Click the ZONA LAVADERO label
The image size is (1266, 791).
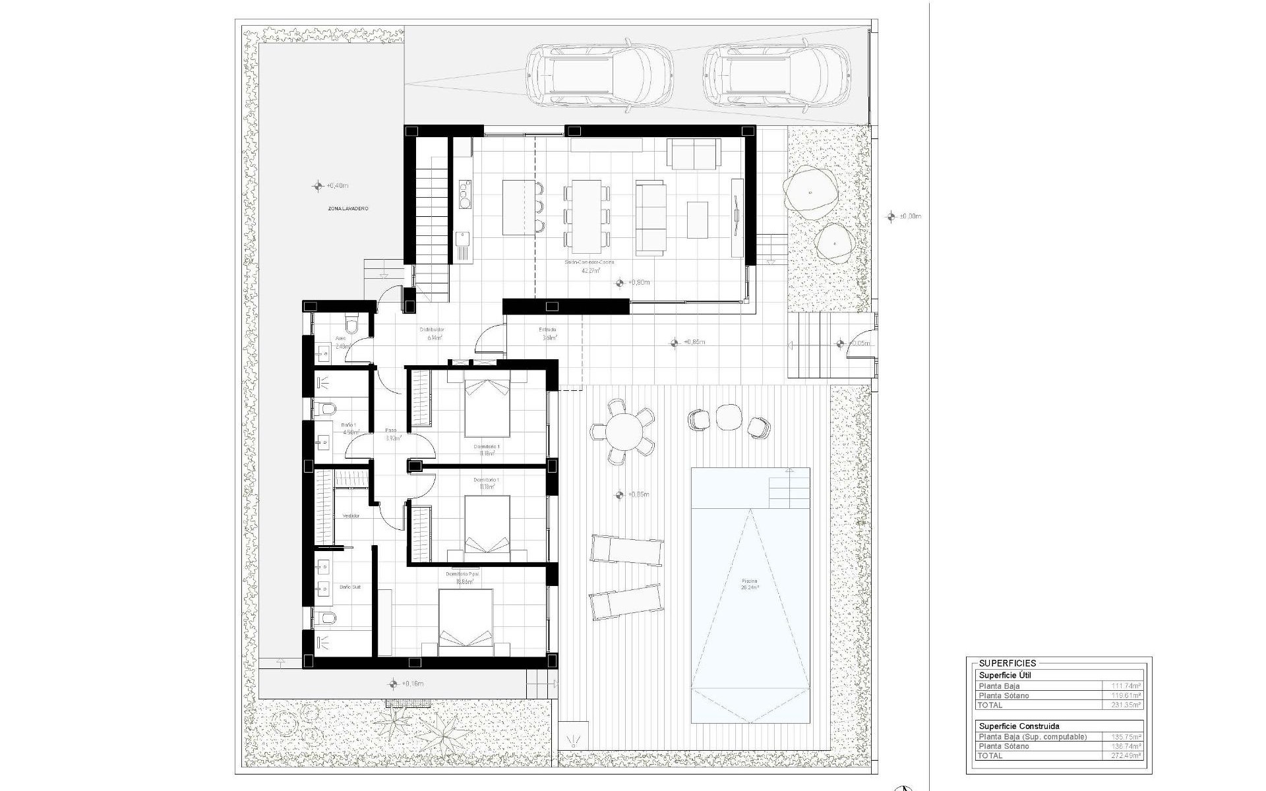348,208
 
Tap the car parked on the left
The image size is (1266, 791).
599,74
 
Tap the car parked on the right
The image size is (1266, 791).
776,74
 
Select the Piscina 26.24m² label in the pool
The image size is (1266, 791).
750,584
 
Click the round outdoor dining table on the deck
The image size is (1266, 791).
623,432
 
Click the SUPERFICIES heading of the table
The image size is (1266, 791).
1008,663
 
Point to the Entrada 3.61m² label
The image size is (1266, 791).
548,334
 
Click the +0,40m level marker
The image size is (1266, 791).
330,186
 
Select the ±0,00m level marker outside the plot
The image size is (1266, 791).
903,216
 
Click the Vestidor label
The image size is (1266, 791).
351,516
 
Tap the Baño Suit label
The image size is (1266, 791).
350,587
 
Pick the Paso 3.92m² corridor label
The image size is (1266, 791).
392,434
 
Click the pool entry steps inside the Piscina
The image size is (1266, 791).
789,488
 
